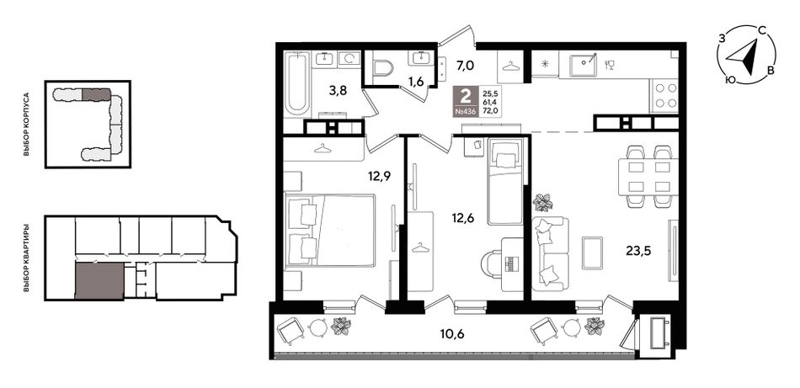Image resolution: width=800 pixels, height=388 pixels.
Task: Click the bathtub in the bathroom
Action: point(296,83)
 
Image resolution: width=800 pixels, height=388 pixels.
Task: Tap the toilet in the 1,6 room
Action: point(382,68)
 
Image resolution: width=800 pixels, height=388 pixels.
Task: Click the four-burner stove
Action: point(664,95)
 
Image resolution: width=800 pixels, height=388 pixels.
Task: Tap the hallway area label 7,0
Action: point(465,66)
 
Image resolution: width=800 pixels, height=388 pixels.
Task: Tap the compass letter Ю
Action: point(729,80)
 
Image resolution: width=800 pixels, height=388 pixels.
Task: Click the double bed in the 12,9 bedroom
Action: point(331,230)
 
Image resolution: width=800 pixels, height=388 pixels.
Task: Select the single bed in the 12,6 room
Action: point(505,181)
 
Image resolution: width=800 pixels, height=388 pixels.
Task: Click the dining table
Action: point(648,177)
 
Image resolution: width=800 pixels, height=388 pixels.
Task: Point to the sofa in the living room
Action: point(550,253)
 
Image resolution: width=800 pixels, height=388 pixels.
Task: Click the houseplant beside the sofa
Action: point(543,202)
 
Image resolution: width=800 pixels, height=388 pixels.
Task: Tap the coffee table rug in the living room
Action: point(592,252)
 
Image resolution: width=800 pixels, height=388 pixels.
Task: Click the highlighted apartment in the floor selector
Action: point(99,280)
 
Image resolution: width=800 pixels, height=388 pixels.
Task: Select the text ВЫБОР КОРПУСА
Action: point(27,125)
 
